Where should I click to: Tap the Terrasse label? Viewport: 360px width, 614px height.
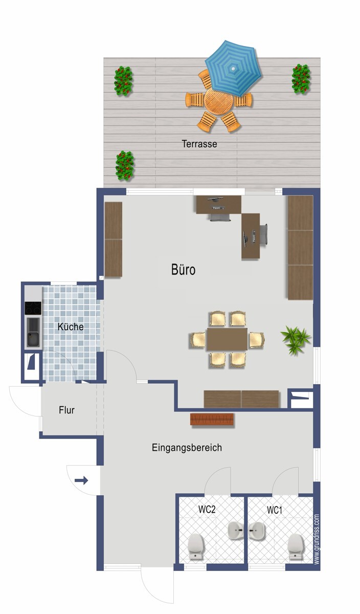pyautogui.click(x=199, y=144)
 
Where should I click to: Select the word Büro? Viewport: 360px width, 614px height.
pyautogui.click(x=183, y=270)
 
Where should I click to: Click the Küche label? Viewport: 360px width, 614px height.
pyautogui.click(x=71, y=326)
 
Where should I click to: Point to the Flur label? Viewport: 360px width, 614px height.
pyautogui.click(x=66, y=410)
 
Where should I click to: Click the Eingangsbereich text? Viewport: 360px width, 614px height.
pyautogui.click(x=187, y=448)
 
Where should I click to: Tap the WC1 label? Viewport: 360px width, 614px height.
pyautogui.click(x=275, y=510)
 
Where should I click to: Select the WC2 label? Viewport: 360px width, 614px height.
pyautogui.click(x=207, y=510)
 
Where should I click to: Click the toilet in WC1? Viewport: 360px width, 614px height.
pyautogui.click(x=296, y=546)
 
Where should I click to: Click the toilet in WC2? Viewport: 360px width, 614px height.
pyautogui.click(x=196, y=546)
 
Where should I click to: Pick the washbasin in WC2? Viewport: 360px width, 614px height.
pyautogui.click(x=235, y=532)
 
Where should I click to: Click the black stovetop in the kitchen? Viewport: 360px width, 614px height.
pyautogui.click(x=33, y=309)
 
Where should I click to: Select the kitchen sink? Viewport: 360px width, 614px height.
pyautogui.click(x=33, y=332)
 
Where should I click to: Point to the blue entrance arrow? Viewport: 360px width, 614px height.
pyautogui.click(x=81, y=480)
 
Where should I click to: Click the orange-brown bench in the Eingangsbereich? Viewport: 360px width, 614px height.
pyautogui.click(x=212, y=419)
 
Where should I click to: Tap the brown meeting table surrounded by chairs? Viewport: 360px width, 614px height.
pyautogui.click(x=227, y=339)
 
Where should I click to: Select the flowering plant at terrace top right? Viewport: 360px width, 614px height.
pyautogui.click(x=301, y=79)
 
